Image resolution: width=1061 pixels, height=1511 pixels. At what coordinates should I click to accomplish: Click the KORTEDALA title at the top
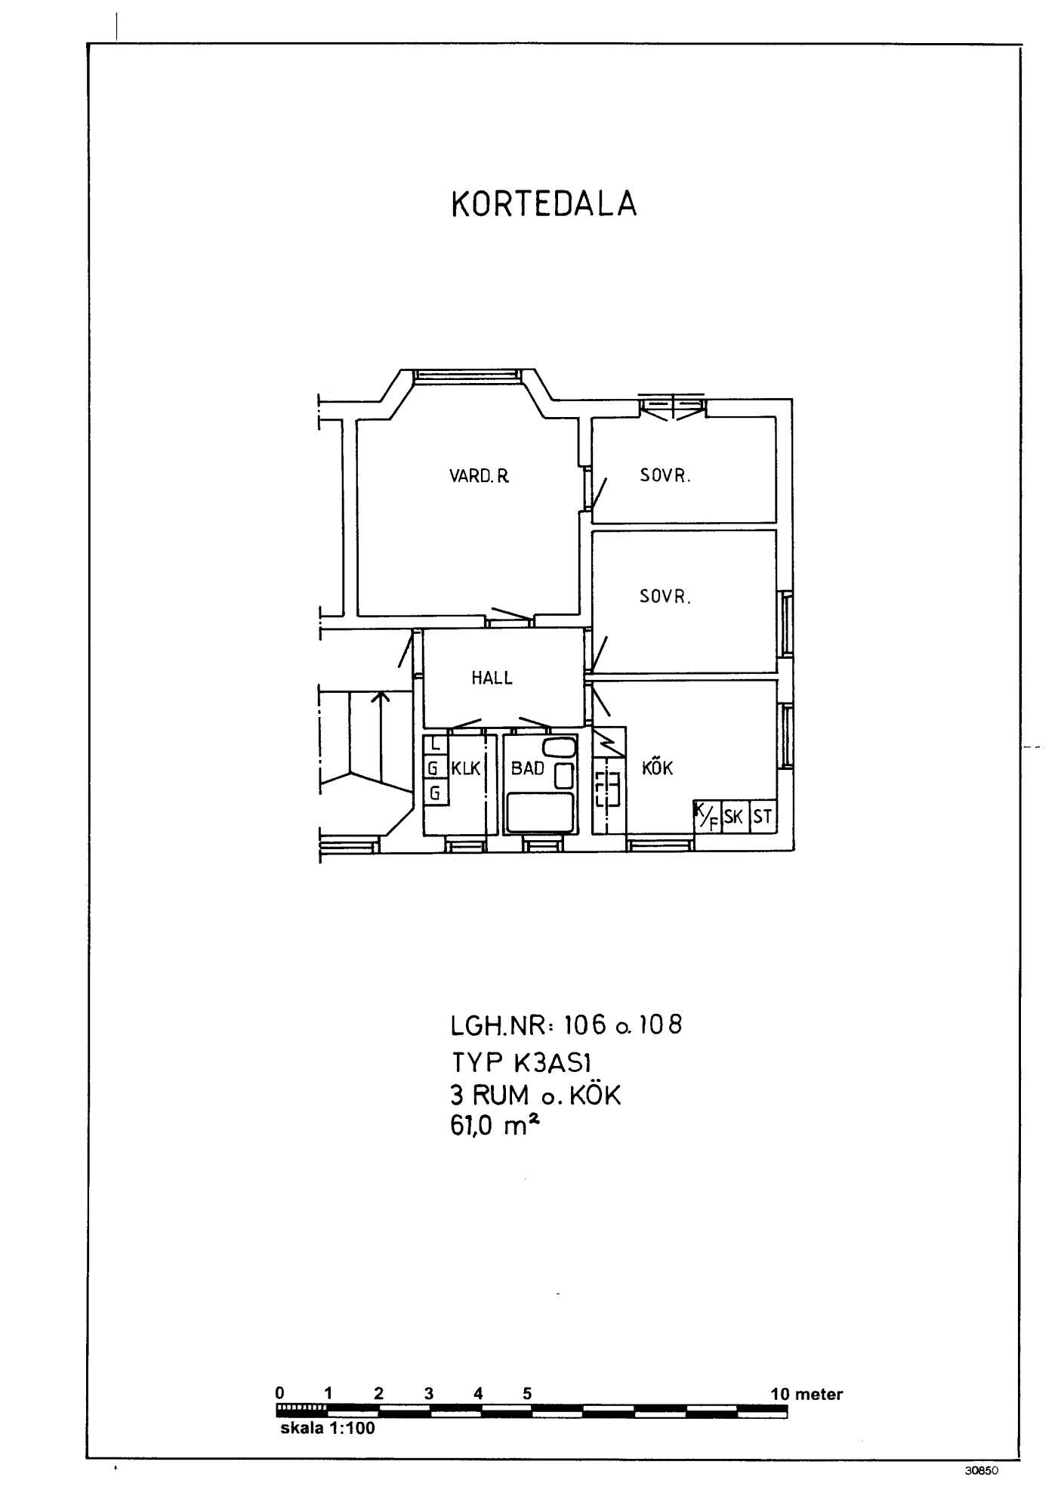pos(544,204)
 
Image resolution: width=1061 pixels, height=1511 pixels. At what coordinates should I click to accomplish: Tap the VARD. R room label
pos(480,476)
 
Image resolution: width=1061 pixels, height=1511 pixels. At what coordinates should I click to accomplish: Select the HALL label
pos(492,678)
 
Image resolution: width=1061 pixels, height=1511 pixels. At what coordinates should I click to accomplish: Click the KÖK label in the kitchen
pos(657,768)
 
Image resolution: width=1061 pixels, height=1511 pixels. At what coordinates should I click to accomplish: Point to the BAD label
pos(528,768)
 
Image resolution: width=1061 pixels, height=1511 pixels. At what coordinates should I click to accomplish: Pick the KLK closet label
pos(466,768)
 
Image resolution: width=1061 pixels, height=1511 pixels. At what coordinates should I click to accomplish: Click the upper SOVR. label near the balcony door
pos(665,476)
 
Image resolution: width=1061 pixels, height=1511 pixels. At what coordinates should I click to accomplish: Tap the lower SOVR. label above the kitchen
pos(665,596)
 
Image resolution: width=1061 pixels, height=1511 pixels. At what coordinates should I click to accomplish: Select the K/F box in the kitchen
pos(708,816)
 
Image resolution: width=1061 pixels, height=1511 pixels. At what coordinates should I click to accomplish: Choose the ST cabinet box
pos(763,816)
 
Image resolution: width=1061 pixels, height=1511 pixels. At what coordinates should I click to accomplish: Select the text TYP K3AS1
pos(521,1061)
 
